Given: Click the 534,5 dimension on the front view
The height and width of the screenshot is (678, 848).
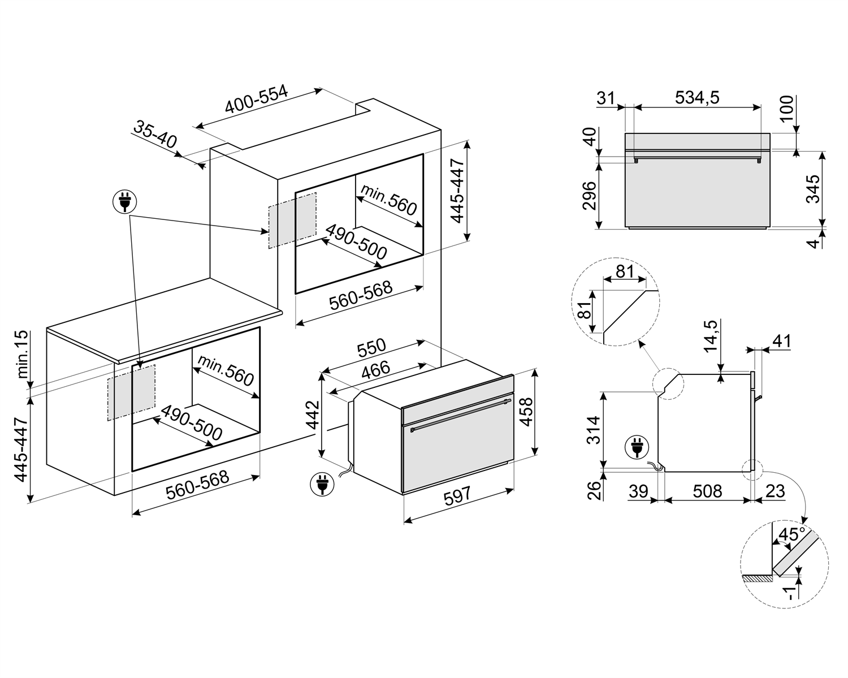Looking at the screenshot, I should [x=697, y=97].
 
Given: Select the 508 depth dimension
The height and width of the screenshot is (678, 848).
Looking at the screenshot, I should [x=707, y=491].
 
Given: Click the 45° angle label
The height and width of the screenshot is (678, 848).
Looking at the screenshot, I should [x=791, y=534].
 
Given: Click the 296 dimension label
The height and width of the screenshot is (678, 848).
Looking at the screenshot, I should [x=590, y=196].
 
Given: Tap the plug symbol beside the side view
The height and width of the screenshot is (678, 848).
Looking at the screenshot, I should [x=637, y=448].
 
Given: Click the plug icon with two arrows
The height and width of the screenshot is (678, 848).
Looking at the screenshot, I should [x=125, y=201].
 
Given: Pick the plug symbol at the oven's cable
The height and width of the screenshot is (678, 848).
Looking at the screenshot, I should [x=322, y=484].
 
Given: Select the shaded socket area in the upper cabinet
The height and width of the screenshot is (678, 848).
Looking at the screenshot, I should [x=292, y=220].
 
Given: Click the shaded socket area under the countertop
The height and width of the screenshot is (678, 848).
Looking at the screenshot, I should [x=131, y=392].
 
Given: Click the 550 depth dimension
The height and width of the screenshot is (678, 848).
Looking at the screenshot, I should [x=371, y=347].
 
